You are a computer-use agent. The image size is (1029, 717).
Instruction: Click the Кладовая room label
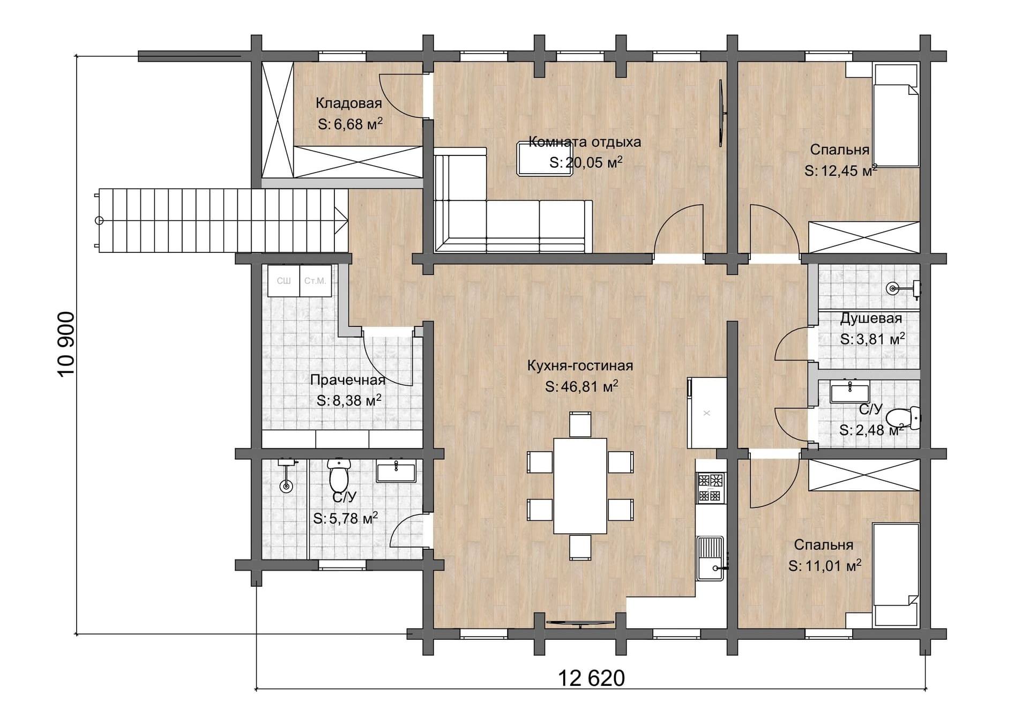[x=348, y=103]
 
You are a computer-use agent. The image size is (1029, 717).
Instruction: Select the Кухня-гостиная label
[x=580, y=365]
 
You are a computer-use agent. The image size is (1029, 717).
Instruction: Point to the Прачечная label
[x=348, y=380]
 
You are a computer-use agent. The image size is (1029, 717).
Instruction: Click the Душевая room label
[x=871, y=318]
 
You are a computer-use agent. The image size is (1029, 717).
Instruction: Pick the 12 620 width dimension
[x=592, y=678]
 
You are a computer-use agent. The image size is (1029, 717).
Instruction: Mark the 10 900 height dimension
[x=66, y=344]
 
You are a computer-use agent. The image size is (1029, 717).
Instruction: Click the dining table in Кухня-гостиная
[x=580, y=486]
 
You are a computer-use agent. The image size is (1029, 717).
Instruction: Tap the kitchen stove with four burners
[x=710, y=487]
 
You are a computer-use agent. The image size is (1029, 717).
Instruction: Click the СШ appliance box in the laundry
[x=284, y=281]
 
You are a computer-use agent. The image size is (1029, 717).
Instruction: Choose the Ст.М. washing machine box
[x=316, y=281]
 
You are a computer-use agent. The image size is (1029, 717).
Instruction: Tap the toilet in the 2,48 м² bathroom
[x=904, y=417]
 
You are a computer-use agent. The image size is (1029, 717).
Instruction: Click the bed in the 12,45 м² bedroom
[x=896, y=115]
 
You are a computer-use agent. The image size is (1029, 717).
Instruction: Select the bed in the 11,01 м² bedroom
[x=896, y=574]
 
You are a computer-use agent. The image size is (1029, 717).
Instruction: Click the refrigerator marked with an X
[x=707, y=413]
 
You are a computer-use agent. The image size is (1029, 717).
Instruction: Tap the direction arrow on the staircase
[x=341, y=220]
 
